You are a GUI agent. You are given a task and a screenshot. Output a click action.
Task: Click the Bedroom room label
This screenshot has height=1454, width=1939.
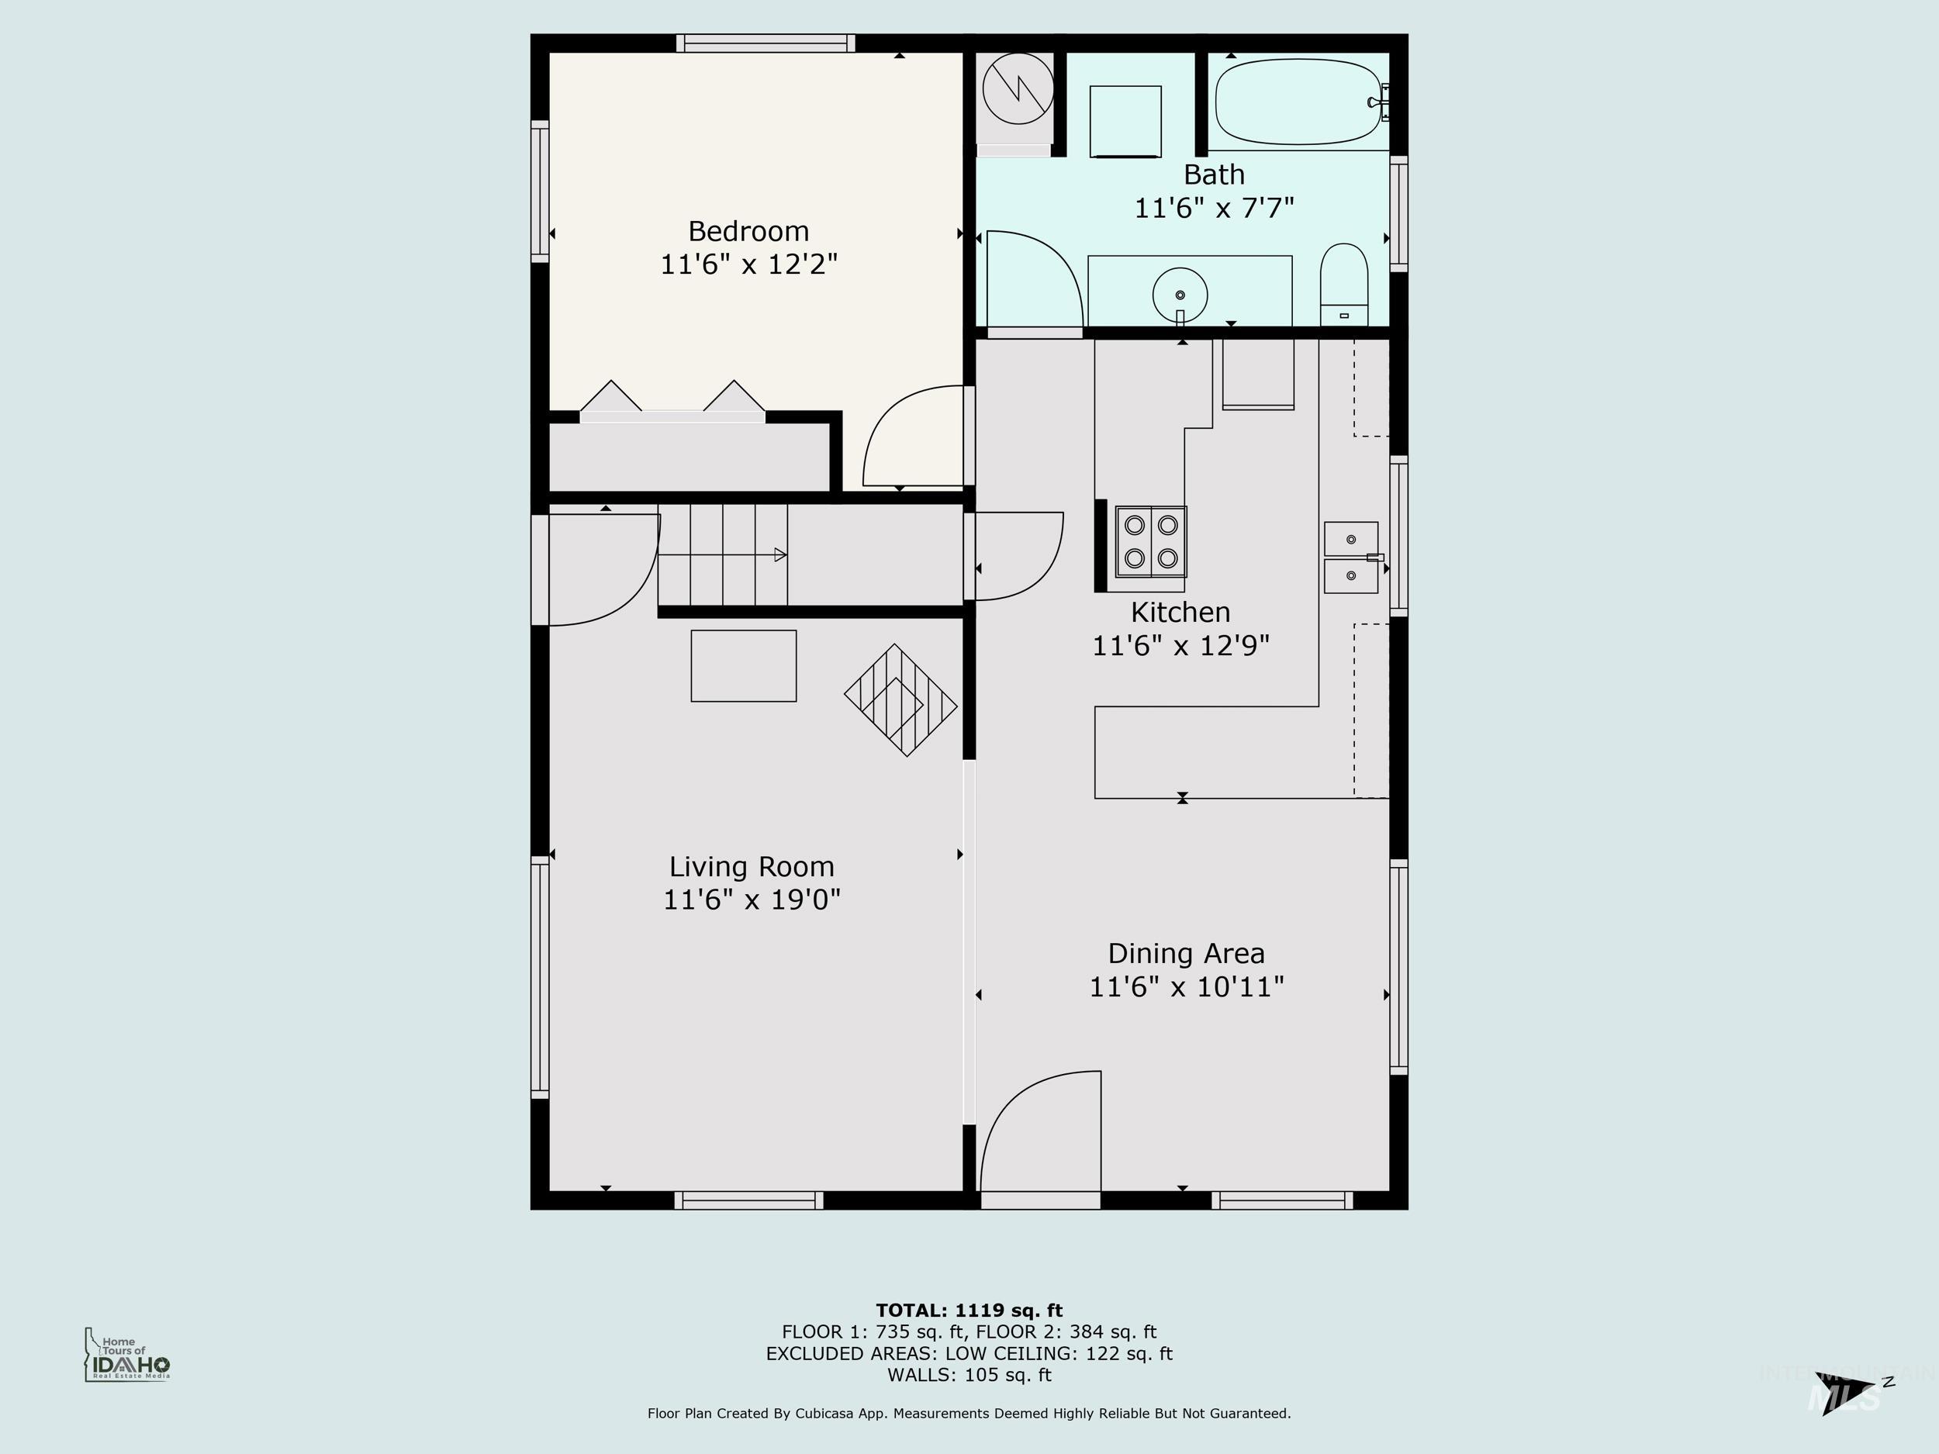click(x=748, y=231)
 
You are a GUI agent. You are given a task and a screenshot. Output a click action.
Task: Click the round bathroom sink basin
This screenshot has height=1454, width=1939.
click(x=1180, y=295)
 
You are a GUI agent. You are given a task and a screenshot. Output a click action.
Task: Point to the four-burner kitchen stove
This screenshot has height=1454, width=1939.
click(x=1150, y=541)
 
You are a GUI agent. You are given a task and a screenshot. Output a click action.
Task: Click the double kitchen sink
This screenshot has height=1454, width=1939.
click(x=1351, y=558)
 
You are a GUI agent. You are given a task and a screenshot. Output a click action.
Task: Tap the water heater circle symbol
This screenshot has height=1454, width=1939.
click(x=1017, y=88)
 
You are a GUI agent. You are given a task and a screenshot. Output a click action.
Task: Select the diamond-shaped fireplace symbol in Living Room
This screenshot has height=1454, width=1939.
click(x=900, y=700)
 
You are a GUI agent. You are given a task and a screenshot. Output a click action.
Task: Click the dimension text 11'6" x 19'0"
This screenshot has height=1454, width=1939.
click(x=752, y=900)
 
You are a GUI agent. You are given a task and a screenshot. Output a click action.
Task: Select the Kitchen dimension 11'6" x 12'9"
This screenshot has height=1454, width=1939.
click(x=1180, y=646)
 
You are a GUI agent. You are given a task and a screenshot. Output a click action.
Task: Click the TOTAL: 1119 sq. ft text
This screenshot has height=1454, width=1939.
click(x=969, y=1311)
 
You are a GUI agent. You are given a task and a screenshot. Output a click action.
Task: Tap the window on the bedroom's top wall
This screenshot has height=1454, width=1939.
click(x=766, y=43)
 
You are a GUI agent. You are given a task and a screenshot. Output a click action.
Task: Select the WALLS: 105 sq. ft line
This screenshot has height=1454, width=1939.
click(x=969, y=1375)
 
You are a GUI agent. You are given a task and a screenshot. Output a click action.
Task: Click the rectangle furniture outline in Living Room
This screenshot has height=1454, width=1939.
click(x=743, y=666)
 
